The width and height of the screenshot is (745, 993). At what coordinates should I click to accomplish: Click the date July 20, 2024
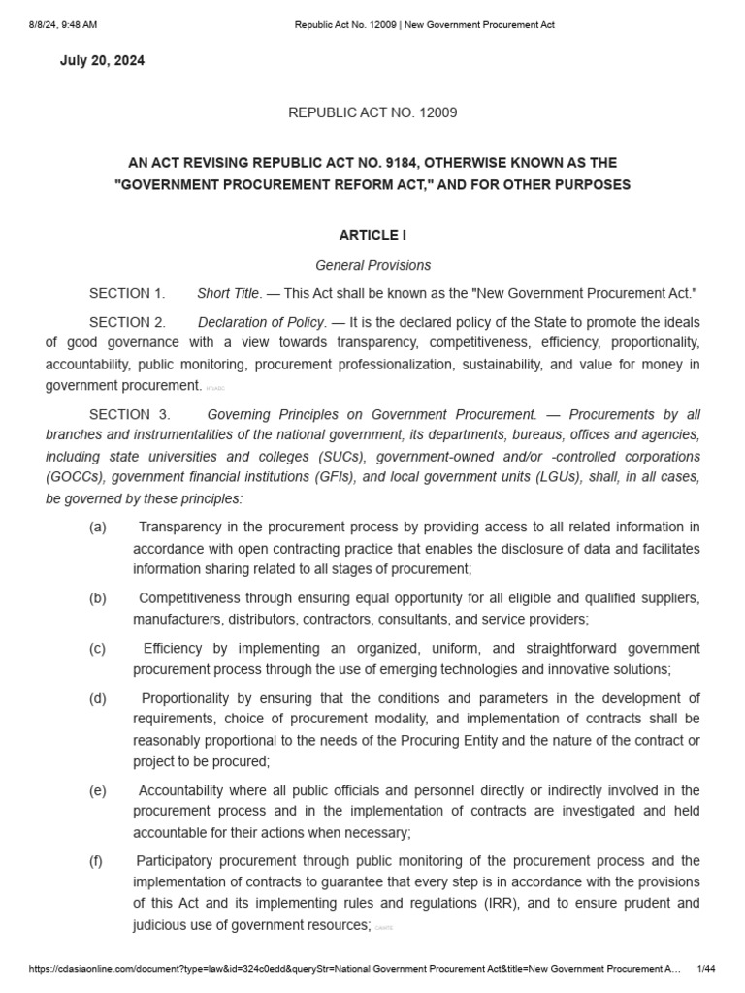pos(102,60)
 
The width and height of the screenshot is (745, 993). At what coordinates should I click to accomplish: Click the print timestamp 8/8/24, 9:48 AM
pos(62,24)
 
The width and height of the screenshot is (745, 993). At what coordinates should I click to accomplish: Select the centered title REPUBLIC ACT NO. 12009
pos(372,112)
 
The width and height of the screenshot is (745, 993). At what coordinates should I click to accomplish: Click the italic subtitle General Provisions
pos(372,265)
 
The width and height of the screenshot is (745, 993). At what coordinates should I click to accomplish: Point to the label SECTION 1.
pos(127,293)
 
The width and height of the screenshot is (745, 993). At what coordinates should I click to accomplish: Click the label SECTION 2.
pos(127,322)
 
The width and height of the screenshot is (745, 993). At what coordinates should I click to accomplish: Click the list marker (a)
pos(97,527)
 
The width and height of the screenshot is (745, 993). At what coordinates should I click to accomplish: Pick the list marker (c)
pos(97,649)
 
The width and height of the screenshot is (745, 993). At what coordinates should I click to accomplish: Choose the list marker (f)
pos(97,861)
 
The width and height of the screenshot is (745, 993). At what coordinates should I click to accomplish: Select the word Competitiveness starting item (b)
pos(193,597)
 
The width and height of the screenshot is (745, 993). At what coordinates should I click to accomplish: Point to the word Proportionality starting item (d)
pos(192,698)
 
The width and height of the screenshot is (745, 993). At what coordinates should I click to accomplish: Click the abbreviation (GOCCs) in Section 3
pos(77,477)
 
